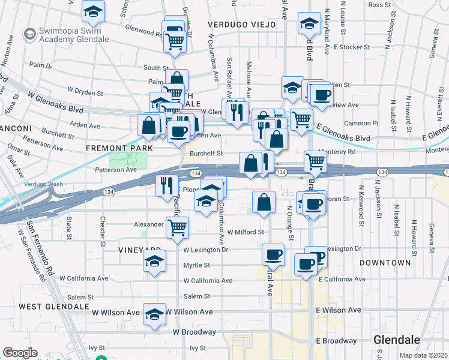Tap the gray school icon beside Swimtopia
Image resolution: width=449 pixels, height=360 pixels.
click(x=29, y=34)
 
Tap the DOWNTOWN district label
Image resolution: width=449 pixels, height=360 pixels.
click(x=385, y=263)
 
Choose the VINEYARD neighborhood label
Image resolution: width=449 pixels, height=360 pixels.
click(x=124, y=250)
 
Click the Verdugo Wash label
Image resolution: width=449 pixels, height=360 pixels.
click(x=26, y=184)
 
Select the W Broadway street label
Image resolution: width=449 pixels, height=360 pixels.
click(x=194, y=332)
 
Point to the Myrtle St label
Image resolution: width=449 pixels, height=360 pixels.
click(x=196, y=265)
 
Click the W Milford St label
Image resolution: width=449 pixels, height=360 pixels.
click(x=246, y=232)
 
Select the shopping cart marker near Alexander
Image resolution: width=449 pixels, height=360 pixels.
click(x=177, y=227)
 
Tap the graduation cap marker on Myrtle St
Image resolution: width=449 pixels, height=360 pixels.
click(x=154, y=262)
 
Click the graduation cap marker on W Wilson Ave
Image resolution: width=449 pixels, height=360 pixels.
click(x=154, y=314)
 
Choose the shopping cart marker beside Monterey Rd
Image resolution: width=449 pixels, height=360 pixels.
click(x=315, y=161)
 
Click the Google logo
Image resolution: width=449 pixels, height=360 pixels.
click(x=20, y=353)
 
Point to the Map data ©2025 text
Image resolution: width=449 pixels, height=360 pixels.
click(x=423, y=355)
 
